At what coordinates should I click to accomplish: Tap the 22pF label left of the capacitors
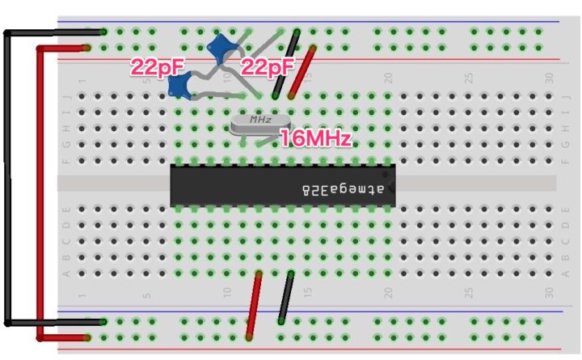157,68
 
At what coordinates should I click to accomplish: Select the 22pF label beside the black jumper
267,68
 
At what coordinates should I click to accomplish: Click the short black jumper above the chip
286,63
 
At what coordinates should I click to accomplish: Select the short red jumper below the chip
254,306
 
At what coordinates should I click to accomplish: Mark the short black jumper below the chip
285,299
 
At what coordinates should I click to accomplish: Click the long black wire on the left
6,178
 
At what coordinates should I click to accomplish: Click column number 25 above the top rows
468,79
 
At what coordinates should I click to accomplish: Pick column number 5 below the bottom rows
147,292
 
